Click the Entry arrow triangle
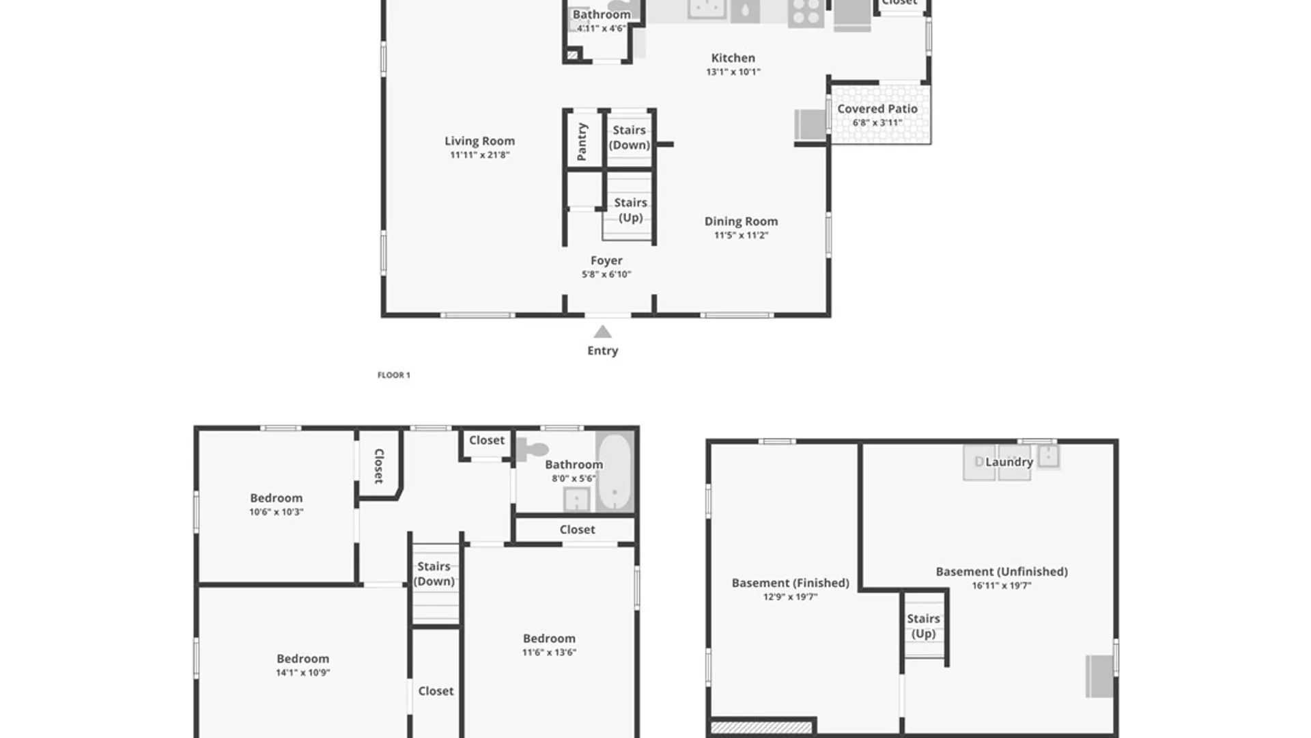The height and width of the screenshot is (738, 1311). click(x=602, y=332)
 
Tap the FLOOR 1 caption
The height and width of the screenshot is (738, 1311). click(x=394, y=375)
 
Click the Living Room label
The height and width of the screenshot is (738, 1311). click(x=479, y=141)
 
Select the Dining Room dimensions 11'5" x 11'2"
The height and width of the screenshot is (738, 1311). click(x=741, y=235)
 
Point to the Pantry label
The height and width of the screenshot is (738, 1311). click(x=582, y=142)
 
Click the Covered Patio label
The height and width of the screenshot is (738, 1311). click(x=877, y=109)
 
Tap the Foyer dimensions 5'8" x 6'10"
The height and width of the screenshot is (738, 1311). click(x=606, y=275)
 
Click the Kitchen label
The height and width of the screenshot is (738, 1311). click(x=733, y=58)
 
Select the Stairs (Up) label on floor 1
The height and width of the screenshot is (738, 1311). click(x=630, y=210)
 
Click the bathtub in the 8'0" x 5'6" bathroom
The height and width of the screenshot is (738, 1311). click(x=615, y=471)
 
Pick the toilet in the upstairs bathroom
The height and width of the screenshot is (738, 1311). click(x=533, y=450)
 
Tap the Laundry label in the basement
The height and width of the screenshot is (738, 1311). click(x=1009, y=462)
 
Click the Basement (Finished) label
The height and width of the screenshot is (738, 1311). click(x=790, y=583)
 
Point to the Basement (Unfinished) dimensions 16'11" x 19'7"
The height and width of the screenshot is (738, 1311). click(x=1002, y=586)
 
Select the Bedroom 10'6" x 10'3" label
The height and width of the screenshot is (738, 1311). click(x=276, y=498)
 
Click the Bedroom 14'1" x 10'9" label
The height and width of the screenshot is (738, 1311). click(x=302, y=659)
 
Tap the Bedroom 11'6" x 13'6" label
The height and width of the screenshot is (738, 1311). click(x=549, y=638)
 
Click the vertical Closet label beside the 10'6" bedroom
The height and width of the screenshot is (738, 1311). click(x=379, y=466)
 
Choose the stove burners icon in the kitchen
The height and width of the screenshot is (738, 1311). click(x=806, y=13)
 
